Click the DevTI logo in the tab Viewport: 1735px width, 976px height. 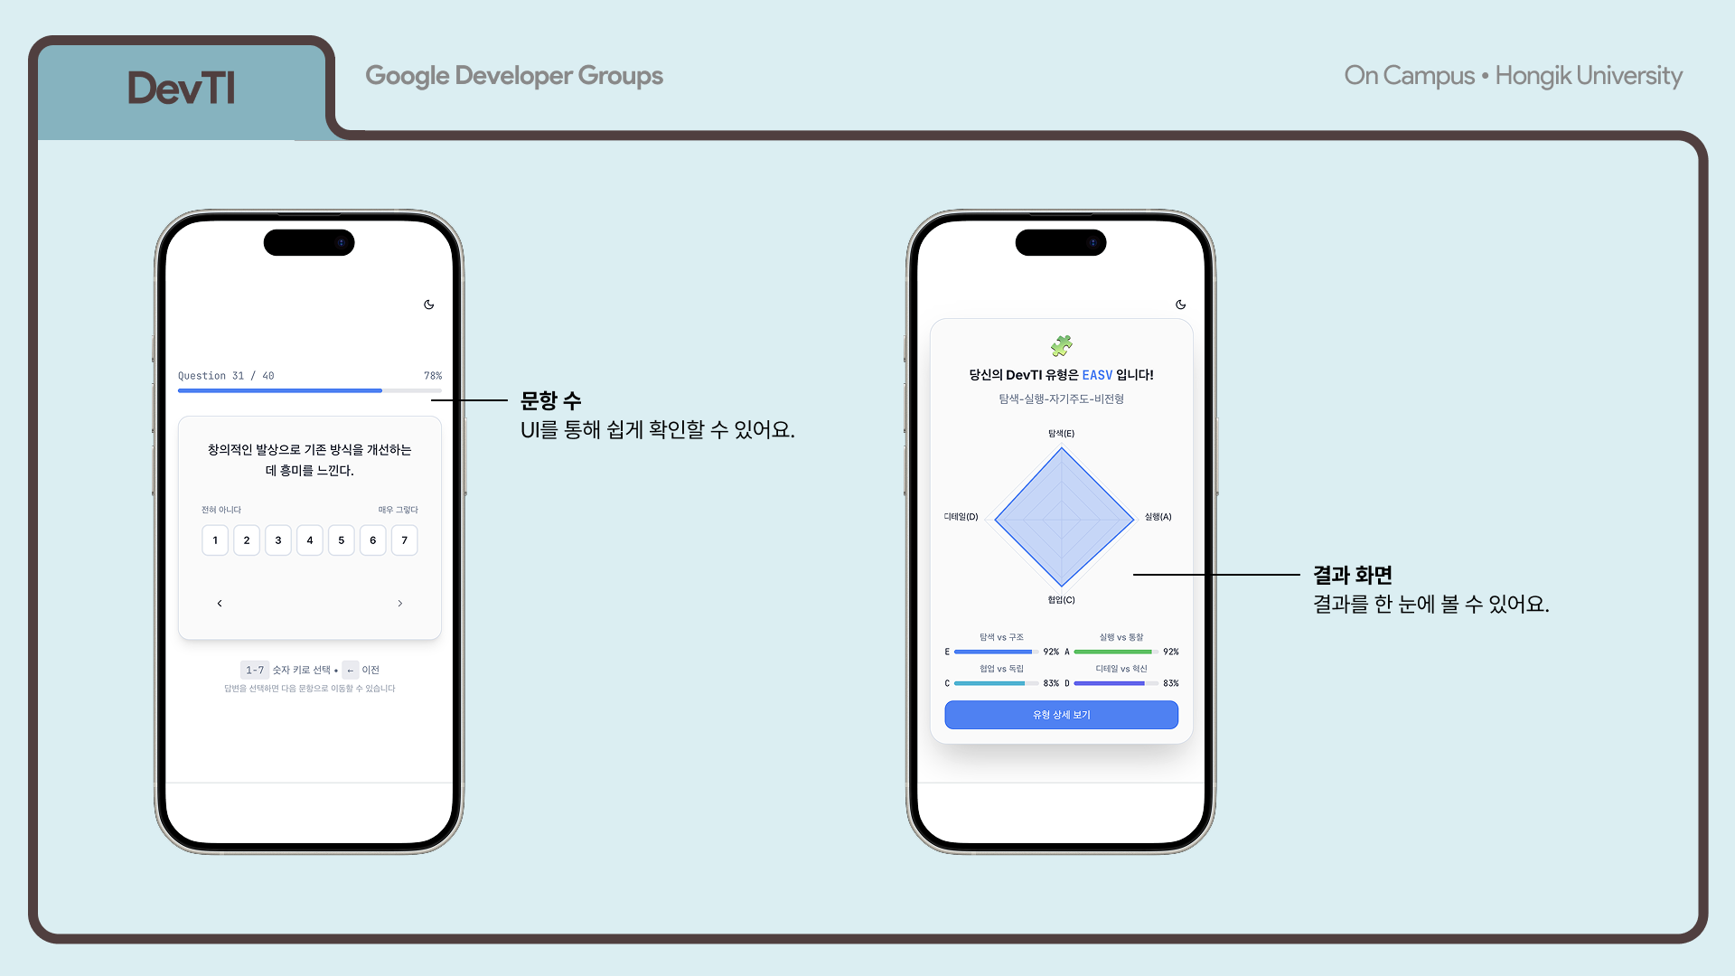point(181,89)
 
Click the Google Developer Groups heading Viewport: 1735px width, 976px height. point(513,76)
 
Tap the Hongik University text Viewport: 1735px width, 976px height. point(1588,76)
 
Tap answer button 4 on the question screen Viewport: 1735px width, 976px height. point(310,540)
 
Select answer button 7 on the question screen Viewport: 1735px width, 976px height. point(404,540)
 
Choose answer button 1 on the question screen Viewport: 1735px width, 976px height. point(215,540)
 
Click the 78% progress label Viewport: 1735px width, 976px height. point(433,376)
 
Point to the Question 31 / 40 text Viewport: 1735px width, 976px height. point(226,376)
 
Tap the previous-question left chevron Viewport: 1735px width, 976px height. point(220,603)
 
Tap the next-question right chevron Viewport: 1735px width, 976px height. point(400,603)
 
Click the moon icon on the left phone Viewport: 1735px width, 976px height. point(429,305)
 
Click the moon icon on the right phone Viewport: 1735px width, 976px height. point(1180,305)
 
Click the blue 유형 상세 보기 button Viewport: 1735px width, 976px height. point(1061,715)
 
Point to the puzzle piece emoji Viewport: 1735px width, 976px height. point(1061,345)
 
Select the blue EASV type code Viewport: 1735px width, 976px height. point(1097,375)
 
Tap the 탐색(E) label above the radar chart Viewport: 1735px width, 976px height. point(1061,434)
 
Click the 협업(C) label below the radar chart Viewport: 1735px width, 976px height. point(1061,600)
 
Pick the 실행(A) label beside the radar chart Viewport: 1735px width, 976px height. point(1158,517)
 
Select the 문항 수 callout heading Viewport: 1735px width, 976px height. point(550,400)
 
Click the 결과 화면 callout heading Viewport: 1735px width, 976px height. point(1352,575)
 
